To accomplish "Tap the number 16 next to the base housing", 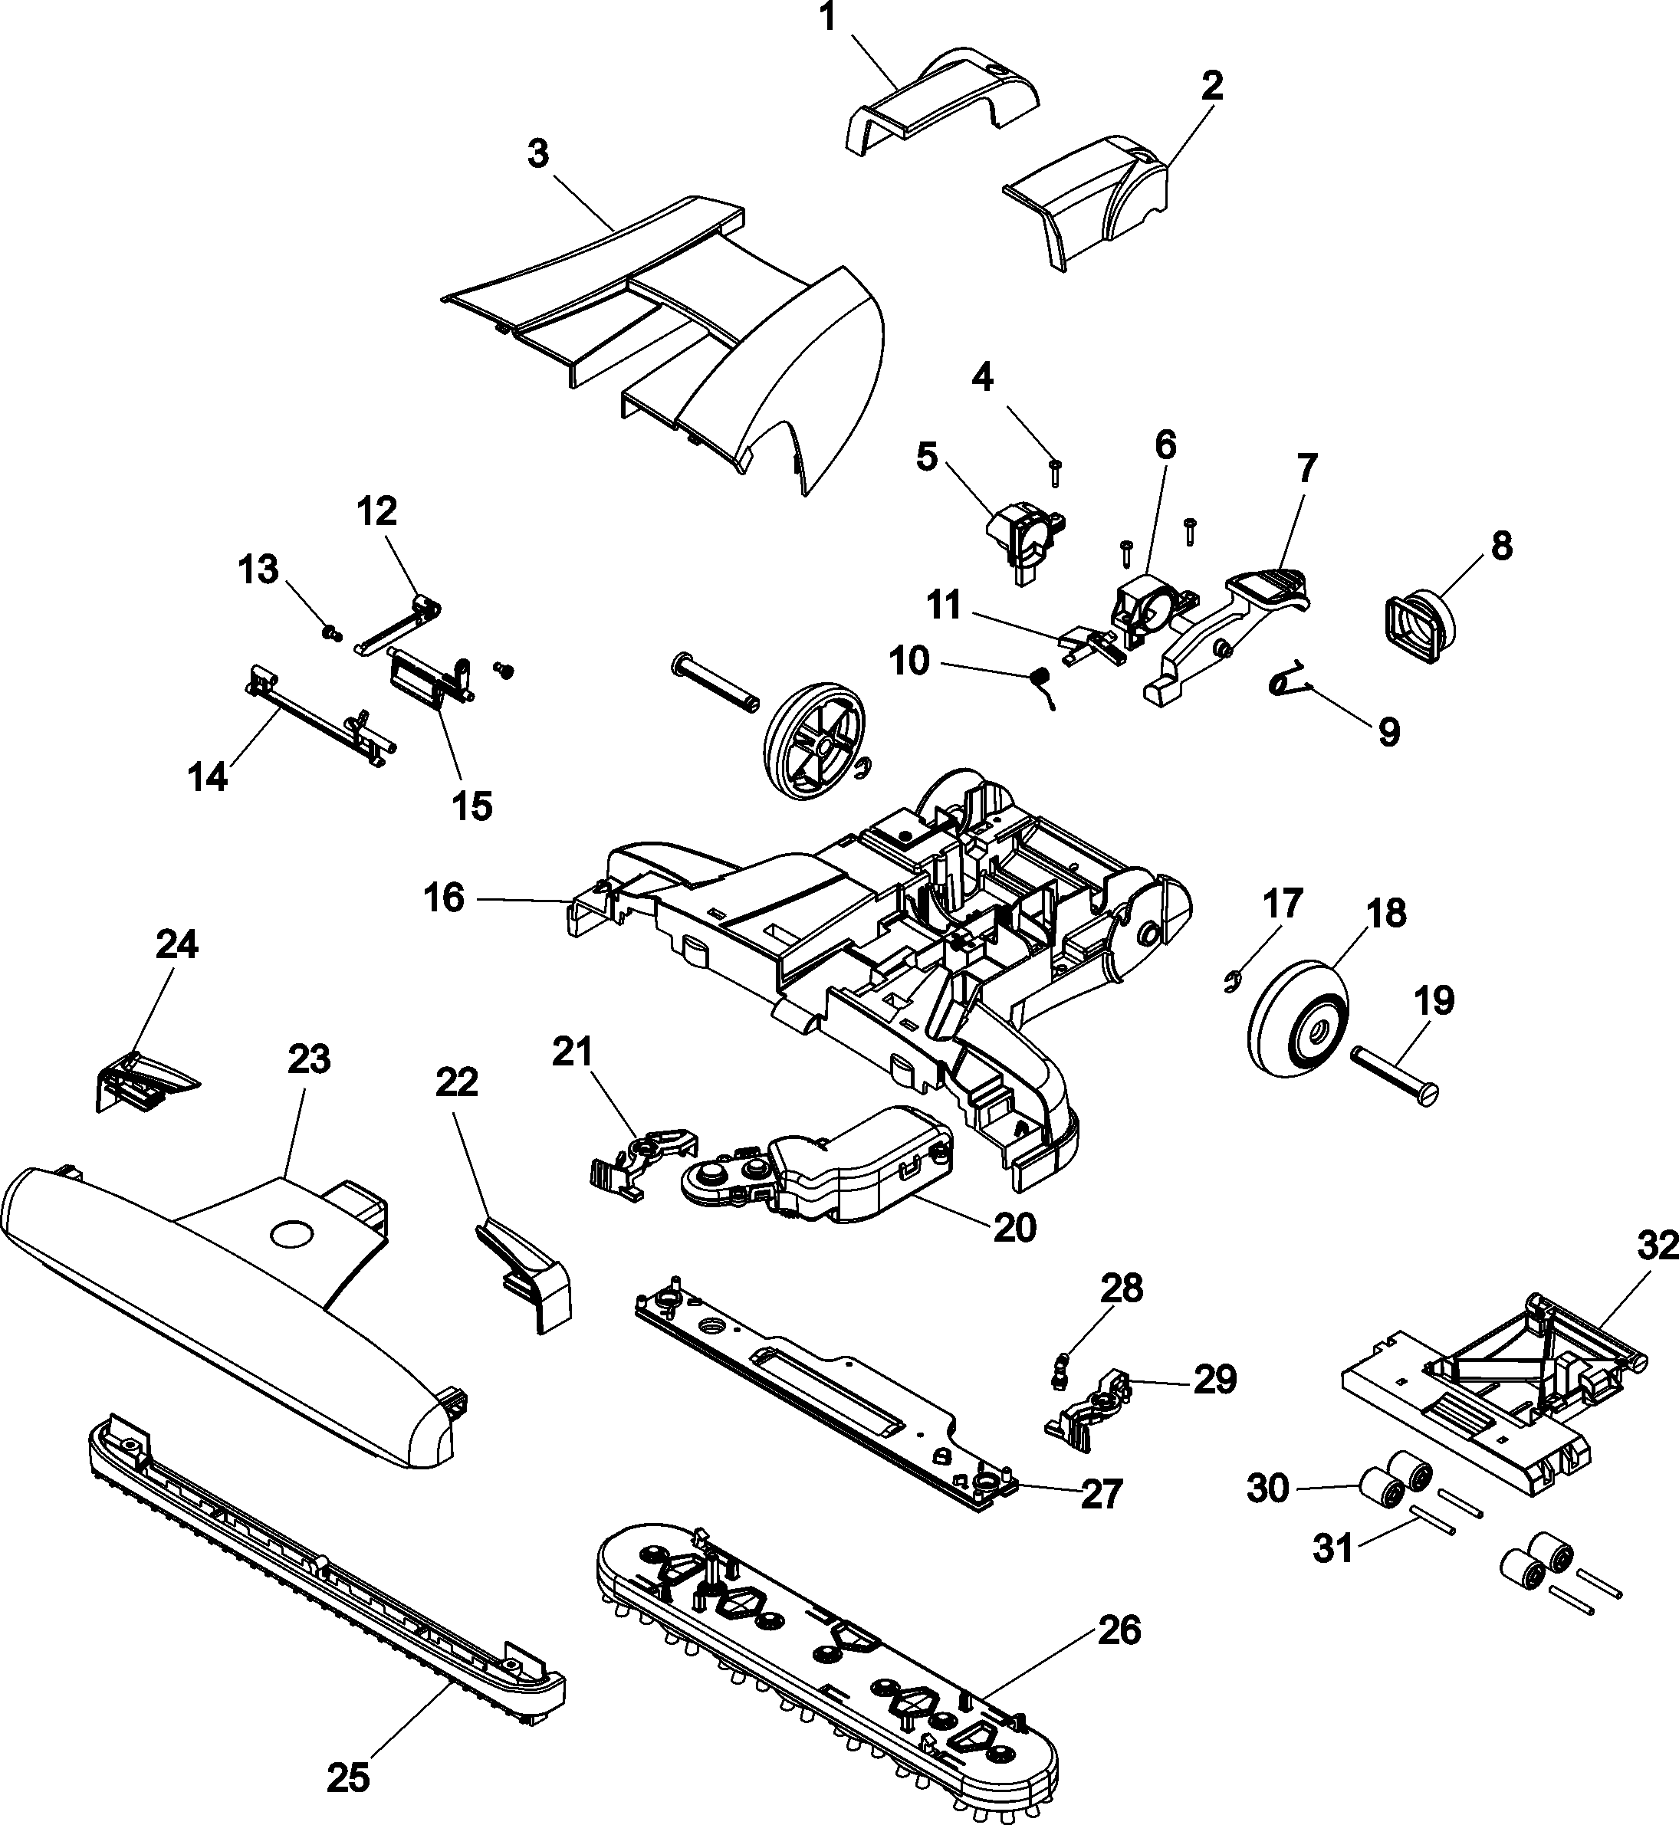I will pyautogui.click(x=443, y=898).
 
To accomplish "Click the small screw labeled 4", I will pyautogui.click(x=1056, y=471).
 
